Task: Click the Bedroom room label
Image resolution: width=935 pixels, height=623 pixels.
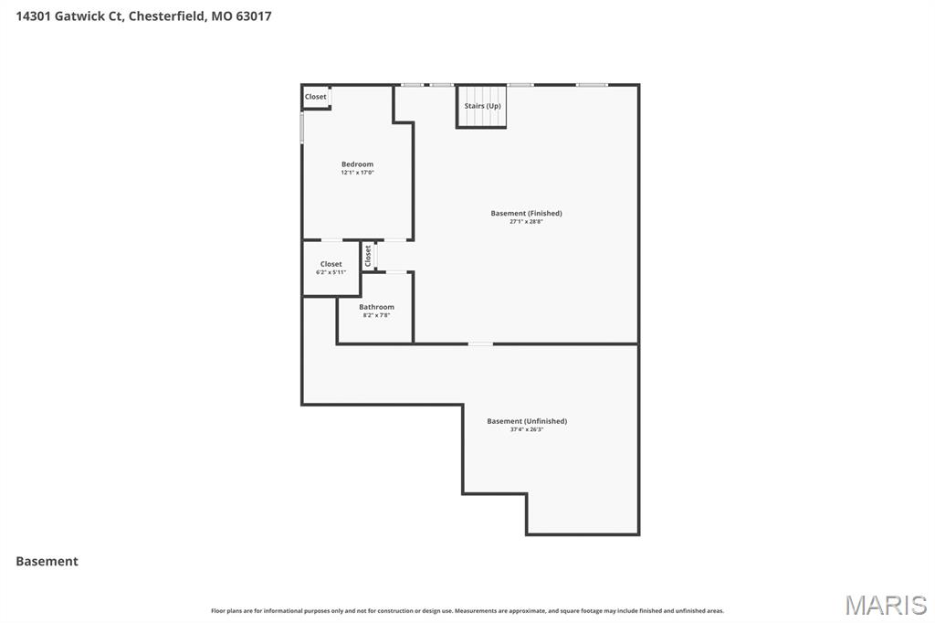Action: (x=357, y=164)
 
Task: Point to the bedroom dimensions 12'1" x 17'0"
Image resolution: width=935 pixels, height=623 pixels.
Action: (x=357, y=173)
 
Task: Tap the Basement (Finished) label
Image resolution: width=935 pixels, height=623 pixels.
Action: (x=527, y=213)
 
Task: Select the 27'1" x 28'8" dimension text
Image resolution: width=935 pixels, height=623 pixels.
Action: (x=527, y=221)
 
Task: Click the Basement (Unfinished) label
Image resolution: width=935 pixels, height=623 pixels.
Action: (x=527, y=421)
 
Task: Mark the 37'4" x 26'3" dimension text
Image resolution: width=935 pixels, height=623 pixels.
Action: (x=527, y=429)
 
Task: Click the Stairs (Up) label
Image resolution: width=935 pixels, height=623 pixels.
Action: (x=482, y=106)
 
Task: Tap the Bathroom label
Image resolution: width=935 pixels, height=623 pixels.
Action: (x=376, y=307)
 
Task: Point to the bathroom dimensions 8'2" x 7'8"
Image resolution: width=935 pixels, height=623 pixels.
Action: (x=376, y=315)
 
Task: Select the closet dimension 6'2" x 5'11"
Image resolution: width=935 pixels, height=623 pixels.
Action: (x=331, y=272)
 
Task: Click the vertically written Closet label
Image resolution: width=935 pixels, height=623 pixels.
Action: (x=368, y=256)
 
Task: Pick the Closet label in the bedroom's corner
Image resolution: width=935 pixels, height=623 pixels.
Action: (x=315, y=97)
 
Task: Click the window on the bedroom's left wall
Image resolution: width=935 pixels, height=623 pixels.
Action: (x=301, y=128)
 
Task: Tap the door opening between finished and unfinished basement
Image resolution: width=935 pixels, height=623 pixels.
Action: (x=480, y=343)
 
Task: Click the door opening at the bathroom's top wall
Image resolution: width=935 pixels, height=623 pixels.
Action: (x=396, y=272)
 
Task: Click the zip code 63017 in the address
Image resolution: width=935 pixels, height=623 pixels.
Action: (x=254, y=16)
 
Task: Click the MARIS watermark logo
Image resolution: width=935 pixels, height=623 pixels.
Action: (x=886, y=605)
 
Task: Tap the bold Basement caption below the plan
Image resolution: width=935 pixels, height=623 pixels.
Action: (x=47, y=561)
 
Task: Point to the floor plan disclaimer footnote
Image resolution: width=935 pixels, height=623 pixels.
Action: (x=467, y=611)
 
